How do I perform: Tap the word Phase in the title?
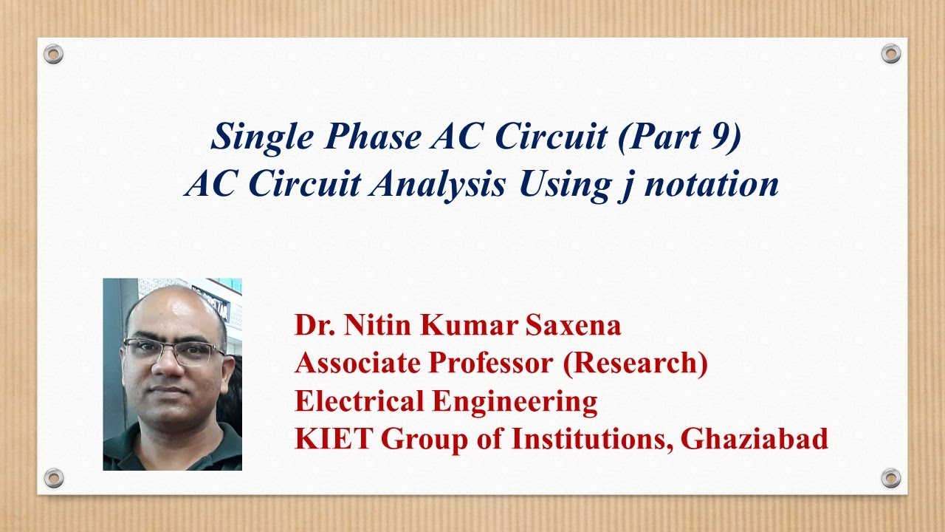point(374,136)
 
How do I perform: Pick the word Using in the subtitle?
point(566,185)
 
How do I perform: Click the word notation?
point(711,185)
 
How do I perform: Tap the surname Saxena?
point(573,325)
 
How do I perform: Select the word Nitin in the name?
point(377,325)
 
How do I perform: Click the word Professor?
point(489,363)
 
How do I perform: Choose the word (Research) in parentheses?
point(636,364)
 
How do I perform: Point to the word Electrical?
point(359,400)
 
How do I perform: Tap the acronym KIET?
point(334,438)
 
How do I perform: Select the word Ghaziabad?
point(755,438)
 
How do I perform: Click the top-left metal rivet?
point(54,55)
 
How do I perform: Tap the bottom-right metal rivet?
point(891,478)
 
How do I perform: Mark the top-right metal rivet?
point(891,54)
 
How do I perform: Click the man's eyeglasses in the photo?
point(173,351)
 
